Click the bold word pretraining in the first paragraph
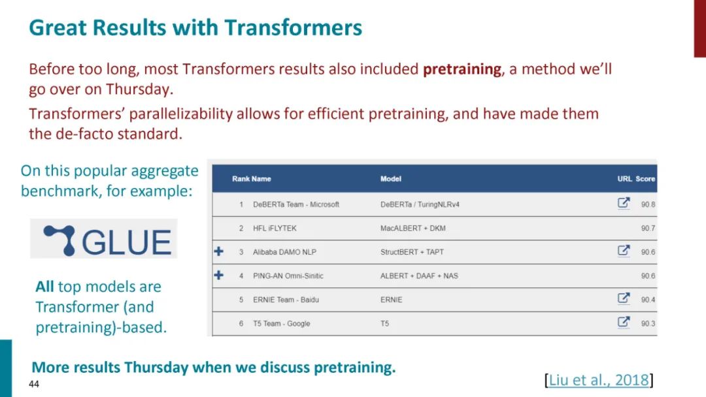pyautogui.click(x=462, y=69)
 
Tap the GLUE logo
pyautogui.click(x=104, y=239)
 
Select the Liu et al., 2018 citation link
pyautogui.click(x=599, y=380)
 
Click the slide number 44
pyautogui.click(x=34, y=384)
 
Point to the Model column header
pyautogui.click(x=390, y=179)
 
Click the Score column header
pyautogui.click(x=645, y=179)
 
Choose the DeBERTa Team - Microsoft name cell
pyautogui.click(x=296, y=204)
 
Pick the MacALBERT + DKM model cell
pyautogui.click(x=413, y=229)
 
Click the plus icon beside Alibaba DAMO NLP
pyautogui.click(x=219, y=251)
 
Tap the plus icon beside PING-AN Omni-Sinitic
pyautogui.click(x=219, y=275)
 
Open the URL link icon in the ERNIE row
pyautogui.click(x=624, y=298)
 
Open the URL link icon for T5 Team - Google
pyautogui.click(x=624, y=322)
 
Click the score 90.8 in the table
pyautogui.click(x=648, y=204)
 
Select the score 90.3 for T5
pyautogui.click(x=648, y=324)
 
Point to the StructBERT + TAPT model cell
pyautogui.click(x=412, y=252)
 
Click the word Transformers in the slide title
pyautogui.click(x=293, y=27)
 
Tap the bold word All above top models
pyautogui.click(x=44, y=287)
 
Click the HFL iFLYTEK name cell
pyautogui.click(x=275, y=229)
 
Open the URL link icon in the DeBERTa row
pyautogui.click(x=624, y=203)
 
